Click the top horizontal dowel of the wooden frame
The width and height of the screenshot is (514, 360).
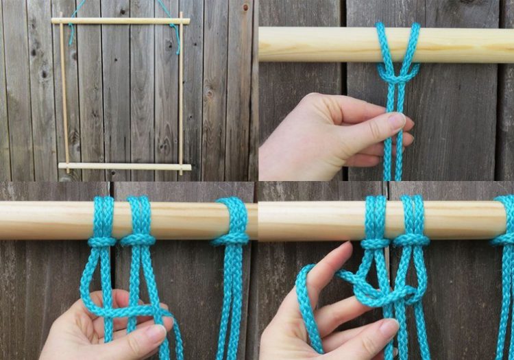click(x=120, y=21)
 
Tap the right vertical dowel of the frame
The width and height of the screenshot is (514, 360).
click(x=181, y=96)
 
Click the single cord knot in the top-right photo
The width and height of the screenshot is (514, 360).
click(x=397, y=73)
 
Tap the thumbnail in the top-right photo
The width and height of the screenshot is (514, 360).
click(x=396, y=121)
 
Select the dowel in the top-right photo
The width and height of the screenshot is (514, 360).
click(x=322, y=45)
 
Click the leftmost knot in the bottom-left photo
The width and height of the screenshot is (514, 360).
click(x=102, y=241)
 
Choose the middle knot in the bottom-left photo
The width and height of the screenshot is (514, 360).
click(x=138, y=240)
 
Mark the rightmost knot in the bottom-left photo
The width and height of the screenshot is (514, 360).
click(x=231, y=239)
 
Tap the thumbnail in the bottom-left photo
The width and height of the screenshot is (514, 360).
click(x=155, y=333)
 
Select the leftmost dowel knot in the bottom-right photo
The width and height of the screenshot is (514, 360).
click(x=375, y=243)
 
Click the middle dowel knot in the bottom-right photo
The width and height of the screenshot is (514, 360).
click(x=412, y=240)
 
